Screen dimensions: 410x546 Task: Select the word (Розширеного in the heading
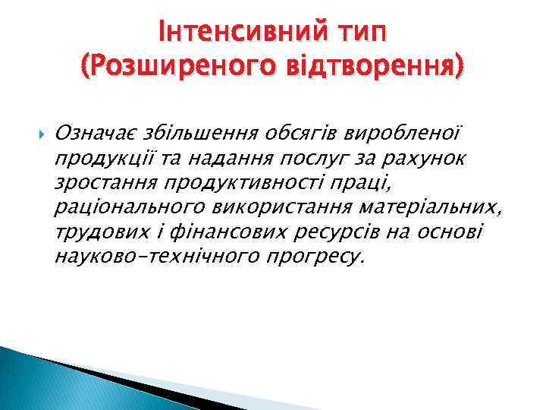click(x=171, y=71)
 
